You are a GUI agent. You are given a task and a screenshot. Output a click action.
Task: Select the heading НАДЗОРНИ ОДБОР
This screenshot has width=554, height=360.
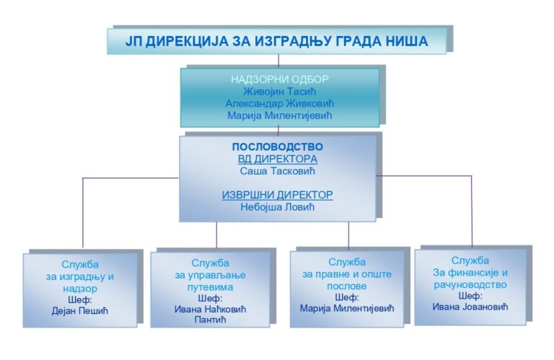coord(280,79)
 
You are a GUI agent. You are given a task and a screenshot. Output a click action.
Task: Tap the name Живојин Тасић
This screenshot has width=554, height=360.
coord(279,92)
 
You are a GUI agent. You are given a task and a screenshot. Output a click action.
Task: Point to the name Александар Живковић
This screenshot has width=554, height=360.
coord(280,103)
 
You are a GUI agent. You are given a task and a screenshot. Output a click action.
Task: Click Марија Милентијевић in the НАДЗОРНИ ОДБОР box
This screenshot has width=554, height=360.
coord(280,115)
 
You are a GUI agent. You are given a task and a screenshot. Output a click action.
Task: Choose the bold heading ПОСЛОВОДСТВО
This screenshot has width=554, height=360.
coord(277,146)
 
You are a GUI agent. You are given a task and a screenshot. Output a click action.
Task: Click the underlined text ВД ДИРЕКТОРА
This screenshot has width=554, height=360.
coord(277,159)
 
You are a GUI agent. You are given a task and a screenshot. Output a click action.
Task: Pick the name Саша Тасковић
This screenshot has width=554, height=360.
coord(277,171)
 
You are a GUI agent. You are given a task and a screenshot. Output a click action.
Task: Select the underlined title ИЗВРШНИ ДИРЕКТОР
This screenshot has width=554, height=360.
coord(277,195)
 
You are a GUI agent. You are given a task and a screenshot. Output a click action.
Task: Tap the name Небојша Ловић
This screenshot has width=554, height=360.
coord(277,207)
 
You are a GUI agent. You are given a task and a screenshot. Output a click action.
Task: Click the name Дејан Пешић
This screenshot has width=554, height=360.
coord(80,311)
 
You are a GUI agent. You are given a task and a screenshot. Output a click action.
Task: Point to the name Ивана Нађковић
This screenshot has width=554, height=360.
coord(210,309)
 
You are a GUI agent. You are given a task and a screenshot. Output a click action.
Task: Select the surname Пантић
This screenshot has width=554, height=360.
coord(210,320)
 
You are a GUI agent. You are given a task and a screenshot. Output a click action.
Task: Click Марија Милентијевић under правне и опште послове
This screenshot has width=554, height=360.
coord(347,309)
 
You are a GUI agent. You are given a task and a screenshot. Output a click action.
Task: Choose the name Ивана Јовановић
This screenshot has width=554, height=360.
coord(470,307)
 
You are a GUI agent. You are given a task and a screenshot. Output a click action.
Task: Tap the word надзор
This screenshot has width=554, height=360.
coord(80,289)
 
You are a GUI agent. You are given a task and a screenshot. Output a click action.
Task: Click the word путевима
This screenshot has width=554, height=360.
coord(210,287)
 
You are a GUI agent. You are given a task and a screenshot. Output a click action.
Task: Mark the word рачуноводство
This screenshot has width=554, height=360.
coord(470,285)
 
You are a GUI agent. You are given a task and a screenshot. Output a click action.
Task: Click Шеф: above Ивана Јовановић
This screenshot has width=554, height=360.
coord(470,296)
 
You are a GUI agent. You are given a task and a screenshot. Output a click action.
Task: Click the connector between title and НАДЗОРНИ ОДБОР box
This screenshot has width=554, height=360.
coord(278,61)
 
